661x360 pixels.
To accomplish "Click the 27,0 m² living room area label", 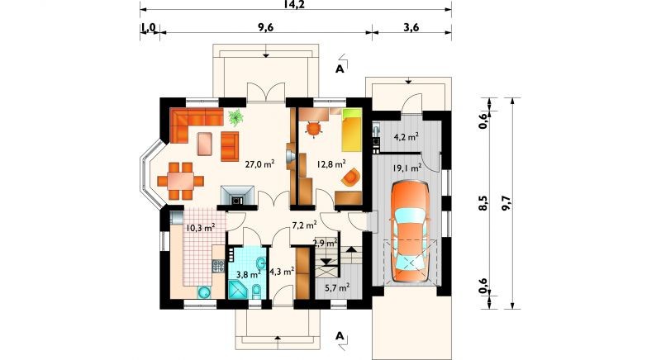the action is (x=260, y=163).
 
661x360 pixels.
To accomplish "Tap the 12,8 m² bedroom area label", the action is (x=331, y=163).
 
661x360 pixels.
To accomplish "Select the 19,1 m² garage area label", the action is (x=407, y=168).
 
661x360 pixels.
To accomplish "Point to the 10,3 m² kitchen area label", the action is (x=201, y=228).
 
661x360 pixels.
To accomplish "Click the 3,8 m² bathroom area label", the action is (x=247, y=274).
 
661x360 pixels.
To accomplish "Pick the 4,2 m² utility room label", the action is (x=406, y=136).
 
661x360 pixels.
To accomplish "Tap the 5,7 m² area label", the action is (x=337, y=288).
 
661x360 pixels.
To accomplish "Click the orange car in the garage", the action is (x=410, y=231).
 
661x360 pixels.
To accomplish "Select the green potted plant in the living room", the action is (x=235, y=117).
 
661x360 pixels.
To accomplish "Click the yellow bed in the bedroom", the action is (x=352, y=130).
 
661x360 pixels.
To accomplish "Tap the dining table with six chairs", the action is (x=180, y=181).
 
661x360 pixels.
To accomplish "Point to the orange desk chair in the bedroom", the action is (x=313, y=129).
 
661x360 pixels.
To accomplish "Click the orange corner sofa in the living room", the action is (x=192, y=122).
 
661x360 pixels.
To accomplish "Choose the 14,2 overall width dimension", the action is (x=295, y=4).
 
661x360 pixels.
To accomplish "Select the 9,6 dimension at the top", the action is (x=265, y=27).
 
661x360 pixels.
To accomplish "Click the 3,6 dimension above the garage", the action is (x=411, y=27).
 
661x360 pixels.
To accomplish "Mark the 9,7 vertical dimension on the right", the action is (x=506, y=203).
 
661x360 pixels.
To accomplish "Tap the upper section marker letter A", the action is (x=340, y=69).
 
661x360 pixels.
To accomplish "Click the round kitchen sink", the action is (x=205, y=291).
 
